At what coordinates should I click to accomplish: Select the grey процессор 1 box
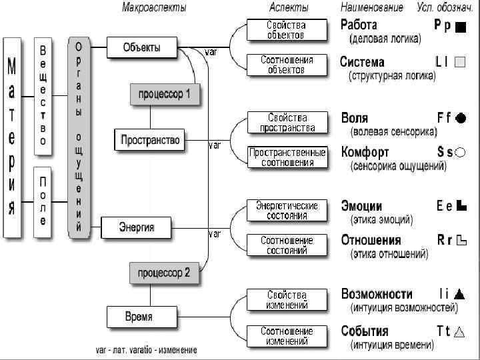[x=164, y=94]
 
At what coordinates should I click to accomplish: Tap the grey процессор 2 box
[x=164, y=272]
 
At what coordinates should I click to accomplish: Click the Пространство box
[x=150, y=140]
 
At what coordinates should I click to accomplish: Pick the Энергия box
[x=137, y=227]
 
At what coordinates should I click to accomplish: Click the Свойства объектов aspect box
[x=287, y=29]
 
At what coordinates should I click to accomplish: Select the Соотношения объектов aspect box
[x=287, y=65]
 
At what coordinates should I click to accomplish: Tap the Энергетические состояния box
[x=287, y=211]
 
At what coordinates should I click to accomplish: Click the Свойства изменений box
[x=287, y=300]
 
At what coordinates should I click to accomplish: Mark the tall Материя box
[x=11, y=137]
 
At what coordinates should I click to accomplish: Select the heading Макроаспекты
[x=154, y=8]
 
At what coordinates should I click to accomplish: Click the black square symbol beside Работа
[x=460, y=27]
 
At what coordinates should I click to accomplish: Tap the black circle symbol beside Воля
[x=461, y=117]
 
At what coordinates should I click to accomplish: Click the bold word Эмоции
[x=361, y=206]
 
